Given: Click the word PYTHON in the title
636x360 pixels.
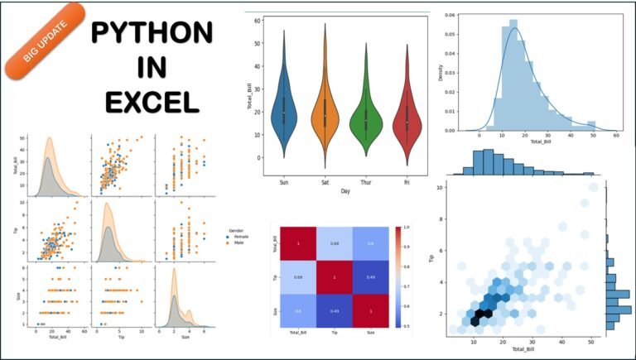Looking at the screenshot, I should point(152,34).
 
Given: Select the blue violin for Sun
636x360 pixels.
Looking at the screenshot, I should point(283,112).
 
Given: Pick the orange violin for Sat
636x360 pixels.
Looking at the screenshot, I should point(325,112).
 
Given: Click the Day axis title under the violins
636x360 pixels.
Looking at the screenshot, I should point(344,191).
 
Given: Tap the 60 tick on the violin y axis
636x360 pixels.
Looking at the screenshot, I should point(259,20).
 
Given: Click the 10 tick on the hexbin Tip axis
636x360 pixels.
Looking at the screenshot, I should point(439,188).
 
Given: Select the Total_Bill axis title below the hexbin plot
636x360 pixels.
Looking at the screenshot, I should point(522,350).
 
